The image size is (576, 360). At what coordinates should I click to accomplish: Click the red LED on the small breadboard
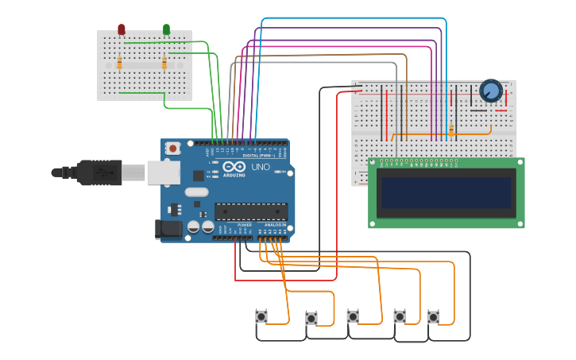[121, 29]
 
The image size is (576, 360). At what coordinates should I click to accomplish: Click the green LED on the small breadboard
[166, 29]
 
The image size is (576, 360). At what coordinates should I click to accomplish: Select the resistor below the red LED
[120, 63]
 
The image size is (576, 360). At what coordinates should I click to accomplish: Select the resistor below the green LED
[164, 63]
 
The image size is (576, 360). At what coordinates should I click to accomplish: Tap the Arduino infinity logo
[234, 168]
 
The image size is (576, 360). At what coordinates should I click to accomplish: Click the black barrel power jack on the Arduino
[168, 229]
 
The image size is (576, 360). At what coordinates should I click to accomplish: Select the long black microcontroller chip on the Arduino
[250, 211]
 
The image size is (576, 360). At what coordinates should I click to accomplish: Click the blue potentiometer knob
[491, 92]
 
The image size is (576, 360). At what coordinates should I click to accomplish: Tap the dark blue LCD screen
[446, 192]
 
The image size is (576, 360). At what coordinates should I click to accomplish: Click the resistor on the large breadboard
[451, 130]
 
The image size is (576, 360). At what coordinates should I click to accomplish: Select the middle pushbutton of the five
[353, 316]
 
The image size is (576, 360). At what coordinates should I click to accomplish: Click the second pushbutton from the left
[311, 319]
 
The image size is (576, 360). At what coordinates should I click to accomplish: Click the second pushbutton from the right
[400, 316]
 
